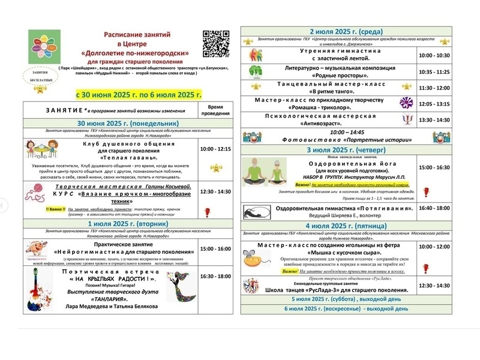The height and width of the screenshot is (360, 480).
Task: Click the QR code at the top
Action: pyautogui.click(x=217, y=44)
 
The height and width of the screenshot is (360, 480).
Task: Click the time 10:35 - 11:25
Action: pyautogui.click(x=434, y=71)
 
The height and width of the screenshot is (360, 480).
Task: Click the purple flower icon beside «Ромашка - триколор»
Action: pyautogui.click(x=407, y=103)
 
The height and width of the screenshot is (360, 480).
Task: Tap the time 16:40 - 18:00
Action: pyautogui.click(x=434, y=208)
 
